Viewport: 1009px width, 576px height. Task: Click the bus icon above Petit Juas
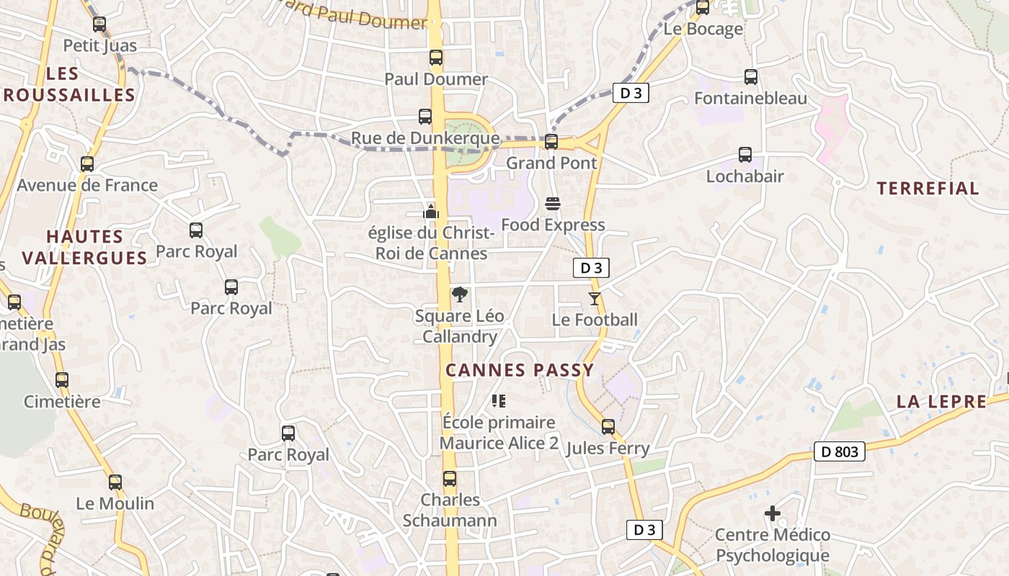pos(99,24)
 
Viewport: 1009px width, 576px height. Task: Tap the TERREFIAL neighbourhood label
pos(928,189)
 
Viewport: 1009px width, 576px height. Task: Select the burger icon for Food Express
pos(553,204)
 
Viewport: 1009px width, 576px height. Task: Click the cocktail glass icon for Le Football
pos(595,298)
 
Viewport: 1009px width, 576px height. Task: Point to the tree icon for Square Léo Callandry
pos(459,294)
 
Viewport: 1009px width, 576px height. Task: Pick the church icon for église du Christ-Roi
pos(431,211)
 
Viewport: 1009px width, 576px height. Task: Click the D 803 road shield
pos(840,451)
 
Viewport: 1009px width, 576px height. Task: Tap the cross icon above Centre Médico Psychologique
pos(773,513)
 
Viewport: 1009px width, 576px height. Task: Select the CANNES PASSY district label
pos(520,370)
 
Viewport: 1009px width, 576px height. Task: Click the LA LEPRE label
pos(941,402)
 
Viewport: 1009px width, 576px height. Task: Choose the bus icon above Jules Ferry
pos(608,427)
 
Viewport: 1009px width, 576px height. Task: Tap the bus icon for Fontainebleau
pos(751,77)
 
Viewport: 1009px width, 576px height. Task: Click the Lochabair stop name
pos(744,176)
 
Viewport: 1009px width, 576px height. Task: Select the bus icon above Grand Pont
pos(551,142)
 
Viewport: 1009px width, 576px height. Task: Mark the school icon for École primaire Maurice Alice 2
pos(498,400)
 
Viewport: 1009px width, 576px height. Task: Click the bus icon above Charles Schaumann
pos(450,479)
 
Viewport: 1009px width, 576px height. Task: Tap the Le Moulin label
pos(115,503)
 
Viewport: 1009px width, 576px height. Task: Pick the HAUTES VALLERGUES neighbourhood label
pos(85,247)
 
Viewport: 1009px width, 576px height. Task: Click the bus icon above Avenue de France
pos(87,164)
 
